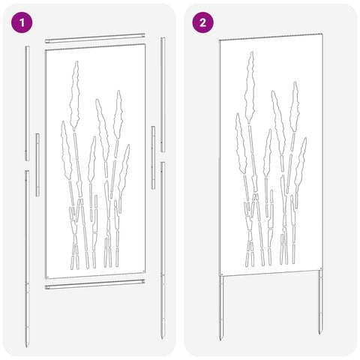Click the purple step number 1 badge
(x=22, y=22)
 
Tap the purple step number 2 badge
(x=202, y=22)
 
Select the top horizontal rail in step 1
(x=95, y=38)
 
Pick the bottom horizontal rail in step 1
(x=95, y=284)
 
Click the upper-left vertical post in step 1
(x=27, y=103)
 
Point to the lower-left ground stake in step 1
(x=27, y=259)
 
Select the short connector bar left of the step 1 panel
(x=37, y=165)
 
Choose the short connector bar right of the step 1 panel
(x=153, y=157)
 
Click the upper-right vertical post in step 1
(x=163, y=94)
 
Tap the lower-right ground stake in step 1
(x=163, y=250)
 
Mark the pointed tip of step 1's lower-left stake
(x=27, y=346)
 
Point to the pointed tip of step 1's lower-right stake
(x=163, y=338)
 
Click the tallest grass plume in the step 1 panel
(x=75, y=95)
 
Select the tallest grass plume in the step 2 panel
(x=250, y=88)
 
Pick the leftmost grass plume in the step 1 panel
(x=67, y=150)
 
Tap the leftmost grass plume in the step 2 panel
(x=241, y=143)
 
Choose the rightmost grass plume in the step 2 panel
(x=301, y=164)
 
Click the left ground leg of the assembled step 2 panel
(x=221, y=308)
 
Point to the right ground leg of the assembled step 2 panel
(x=320, y=302)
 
